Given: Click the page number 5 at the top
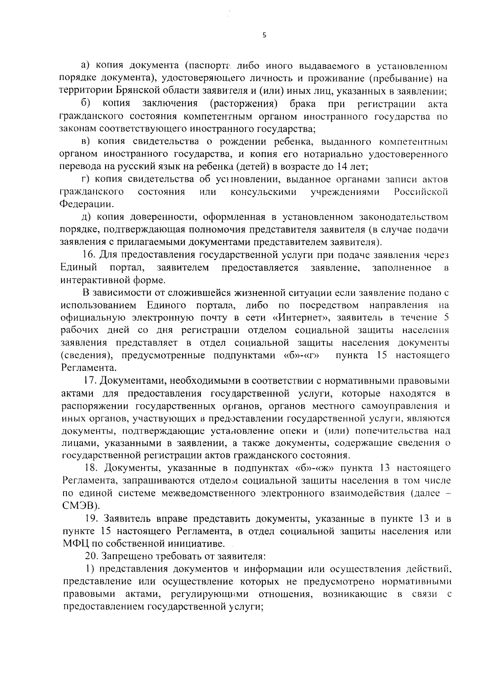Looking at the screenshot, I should coord(264,35).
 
